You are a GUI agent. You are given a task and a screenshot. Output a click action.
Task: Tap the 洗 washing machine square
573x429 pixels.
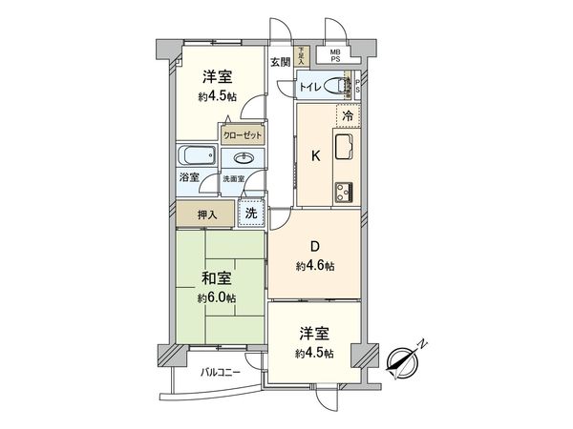coord(251,214)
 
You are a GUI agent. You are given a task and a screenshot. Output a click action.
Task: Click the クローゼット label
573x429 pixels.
coord(243,135)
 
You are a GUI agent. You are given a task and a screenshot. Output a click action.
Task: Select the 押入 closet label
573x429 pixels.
coord(208,214)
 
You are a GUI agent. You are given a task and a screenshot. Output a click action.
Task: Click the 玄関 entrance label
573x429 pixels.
coord(280,64)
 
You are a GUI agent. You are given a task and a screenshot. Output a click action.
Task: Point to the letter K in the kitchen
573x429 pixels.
coord(313,157)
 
